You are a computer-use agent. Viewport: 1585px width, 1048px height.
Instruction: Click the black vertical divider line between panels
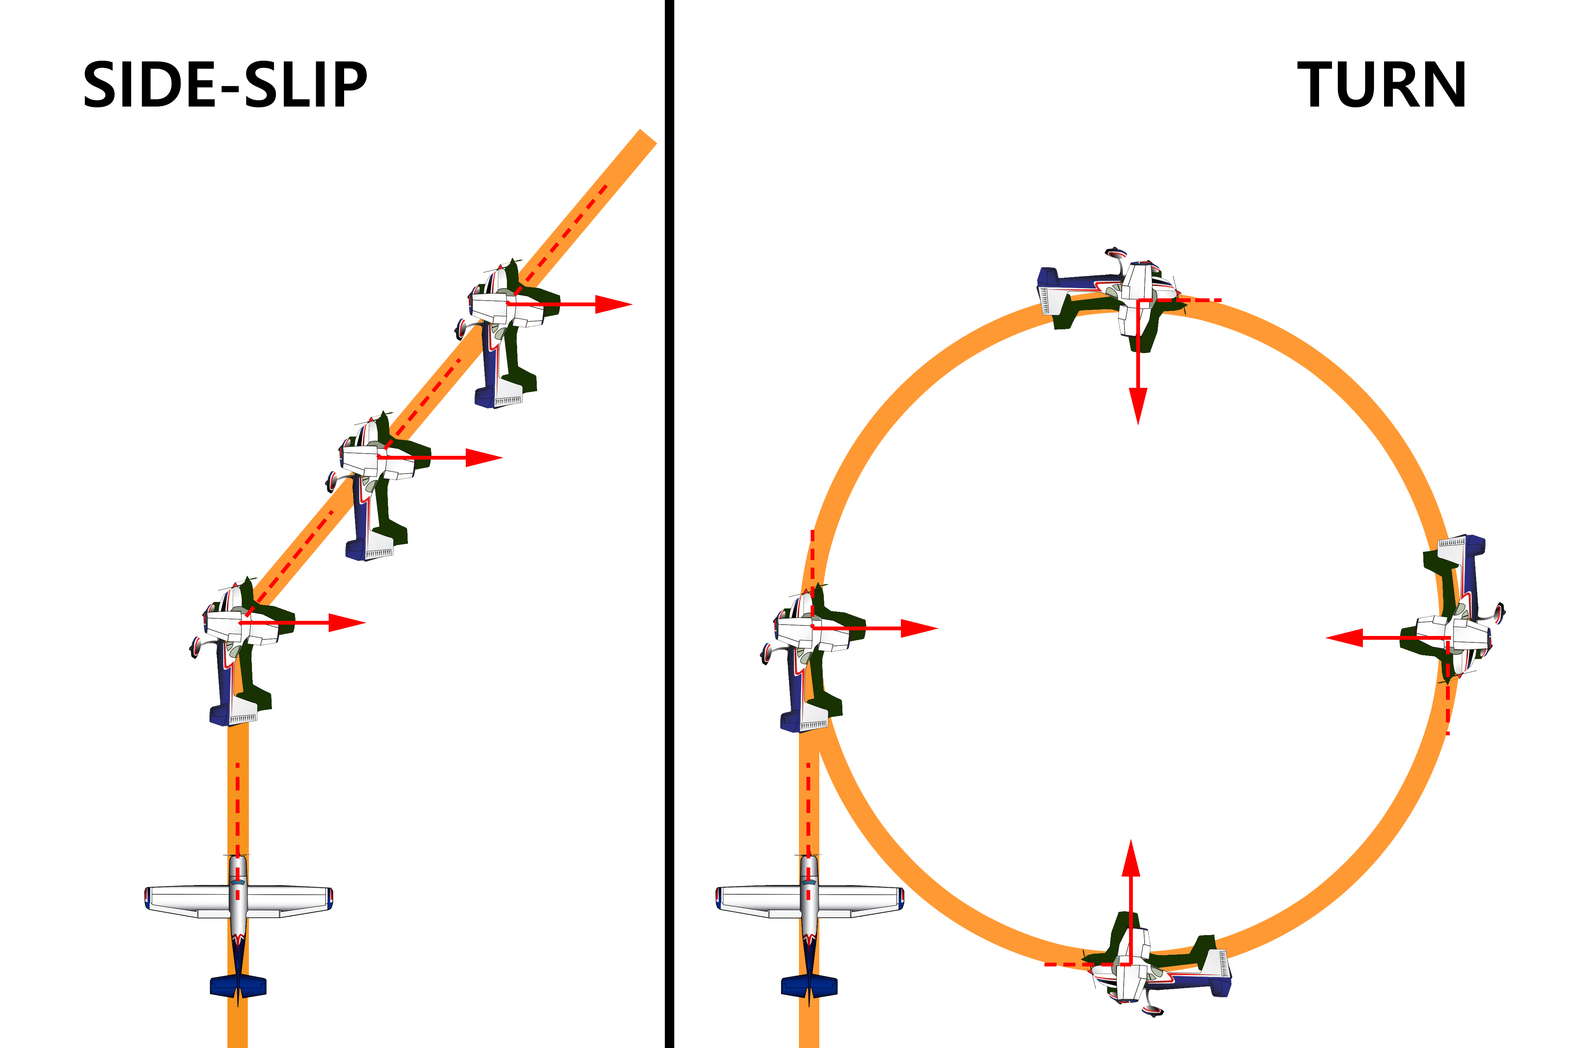pyautogui.click(x=669, y=524)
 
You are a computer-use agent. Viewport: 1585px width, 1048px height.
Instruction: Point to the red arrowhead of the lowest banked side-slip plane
pyautogui.click(x=346, y=623)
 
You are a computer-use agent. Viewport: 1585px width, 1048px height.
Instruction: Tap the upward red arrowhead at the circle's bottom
pyautogui.click(x=1131, y=859)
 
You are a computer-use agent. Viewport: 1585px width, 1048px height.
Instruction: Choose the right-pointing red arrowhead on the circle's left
pyautogui.click(x=919, y=628)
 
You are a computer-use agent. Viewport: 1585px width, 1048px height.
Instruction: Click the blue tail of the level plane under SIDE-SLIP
pyautogui.click(x=238, y=986)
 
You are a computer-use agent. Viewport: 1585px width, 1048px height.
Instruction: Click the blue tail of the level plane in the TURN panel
pyautogui.click(x=809, y=986)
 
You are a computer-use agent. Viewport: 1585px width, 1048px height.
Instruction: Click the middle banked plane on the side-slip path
pyautogui.click(x=374, y=485)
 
